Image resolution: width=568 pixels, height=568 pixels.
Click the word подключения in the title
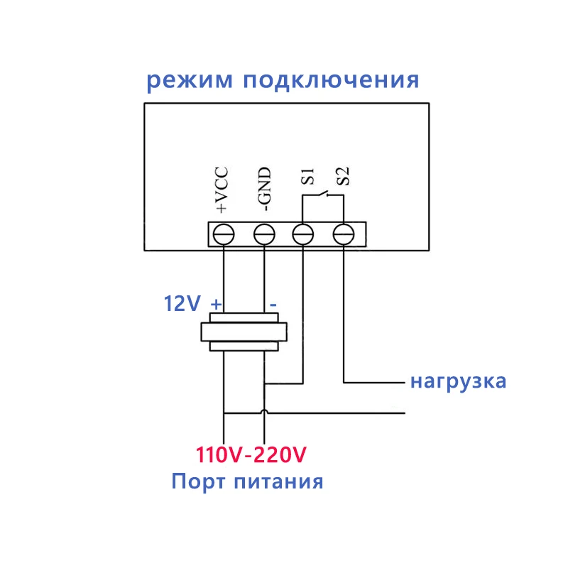[331, 80]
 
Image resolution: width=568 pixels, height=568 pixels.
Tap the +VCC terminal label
[222, 190]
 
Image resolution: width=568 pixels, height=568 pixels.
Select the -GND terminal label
[263, 190]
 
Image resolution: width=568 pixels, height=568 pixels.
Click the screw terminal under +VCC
[224, 234]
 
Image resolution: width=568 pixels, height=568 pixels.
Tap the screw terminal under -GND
[264, 234]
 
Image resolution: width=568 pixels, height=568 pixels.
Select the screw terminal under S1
[304, 234]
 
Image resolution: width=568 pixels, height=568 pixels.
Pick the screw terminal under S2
[344, 234]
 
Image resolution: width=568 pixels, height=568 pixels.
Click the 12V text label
[183, 305]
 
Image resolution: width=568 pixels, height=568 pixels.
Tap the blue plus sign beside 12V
[217, 304]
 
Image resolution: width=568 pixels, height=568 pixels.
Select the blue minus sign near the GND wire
[273, 304]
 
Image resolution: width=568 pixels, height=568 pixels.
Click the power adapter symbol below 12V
[244, 332]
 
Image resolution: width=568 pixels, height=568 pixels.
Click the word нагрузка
[458, 381]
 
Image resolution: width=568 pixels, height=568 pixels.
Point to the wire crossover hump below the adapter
[265, 413]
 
